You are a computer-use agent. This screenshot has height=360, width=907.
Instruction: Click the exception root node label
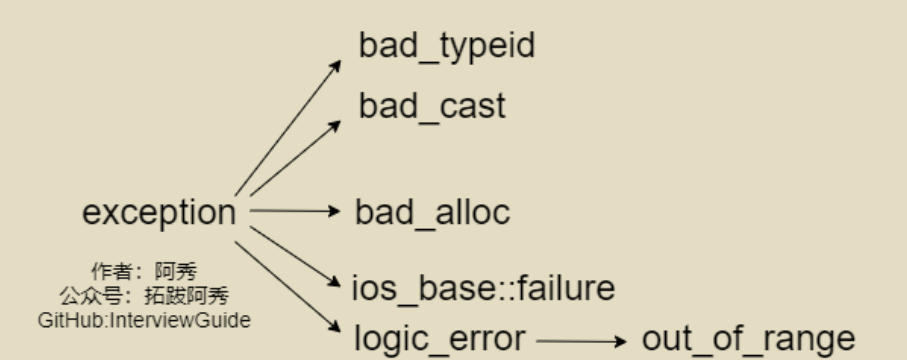159,213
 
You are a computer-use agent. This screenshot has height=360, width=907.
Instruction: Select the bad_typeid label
447,46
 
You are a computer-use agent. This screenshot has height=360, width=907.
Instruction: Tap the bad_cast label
432,106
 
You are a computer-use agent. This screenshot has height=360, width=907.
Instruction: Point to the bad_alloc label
432,212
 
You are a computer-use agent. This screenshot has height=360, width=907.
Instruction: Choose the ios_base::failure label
484,288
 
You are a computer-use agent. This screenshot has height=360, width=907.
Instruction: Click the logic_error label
440,339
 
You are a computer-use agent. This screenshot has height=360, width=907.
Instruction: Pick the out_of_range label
749,339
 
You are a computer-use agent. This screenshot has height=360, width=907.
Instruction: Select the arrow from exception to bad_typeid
288,127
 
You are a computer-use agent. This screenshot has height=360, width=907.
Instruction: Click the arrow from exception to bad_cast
295,157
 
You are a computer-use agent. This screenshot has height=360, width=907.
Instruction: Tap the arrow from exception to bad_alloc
295,211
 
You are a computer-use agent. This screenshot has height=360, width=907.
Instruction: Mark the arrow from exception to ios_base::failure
295,256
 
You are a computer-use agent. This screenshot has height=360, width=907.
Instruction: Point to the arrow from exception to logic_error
288,287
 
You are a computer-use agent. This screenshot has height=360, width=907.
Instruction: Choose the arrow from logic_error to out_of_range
581,341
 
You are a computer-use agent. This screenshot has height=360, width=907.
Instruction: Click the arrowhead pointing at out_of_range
621,341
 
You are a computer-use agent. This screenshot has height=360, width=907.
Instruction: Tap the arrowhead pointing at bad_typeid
335,65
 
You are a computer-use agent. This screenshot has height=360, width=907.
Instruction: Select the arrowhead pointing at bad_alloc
335,211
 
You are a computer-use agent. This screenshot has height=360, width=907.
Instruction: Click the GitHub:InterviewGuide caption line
144,320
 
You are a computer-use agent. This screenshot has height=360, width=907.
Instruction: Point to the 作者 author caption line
144,271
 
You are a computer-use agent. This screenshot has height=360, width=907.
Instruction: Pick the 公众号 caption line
144,296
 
